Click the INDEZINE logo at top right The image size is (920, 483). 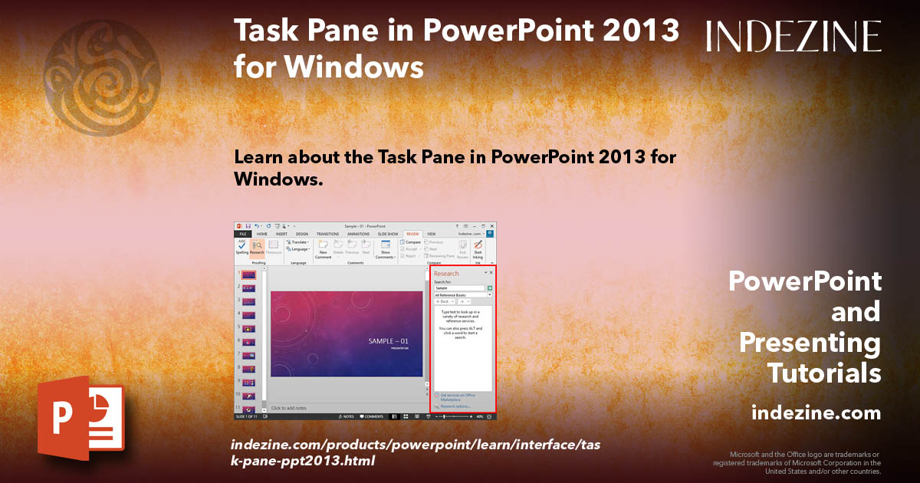(x=793, y=36)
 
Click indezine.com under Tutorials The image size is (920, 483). (x=816, y=413)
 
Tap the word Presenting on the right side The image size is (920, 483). (x=810, y=343)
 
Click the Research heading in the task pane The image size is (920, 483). (x=446, y=273)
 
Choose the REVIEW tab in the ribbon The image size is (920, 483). (x=412, y=234)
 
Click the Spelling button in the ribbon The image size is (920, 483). (x=242, y=248)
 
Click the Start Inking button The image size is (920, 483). (x=478, y=248)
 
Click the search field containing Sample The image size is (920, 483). (x=459, y=288)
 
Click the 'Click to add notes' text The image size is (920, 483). (x=289, y=408)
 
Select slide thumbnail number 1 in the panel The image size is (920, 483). (x=248, y=274)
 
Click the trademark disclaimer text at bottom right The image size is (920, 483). (x=797, y=463)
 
